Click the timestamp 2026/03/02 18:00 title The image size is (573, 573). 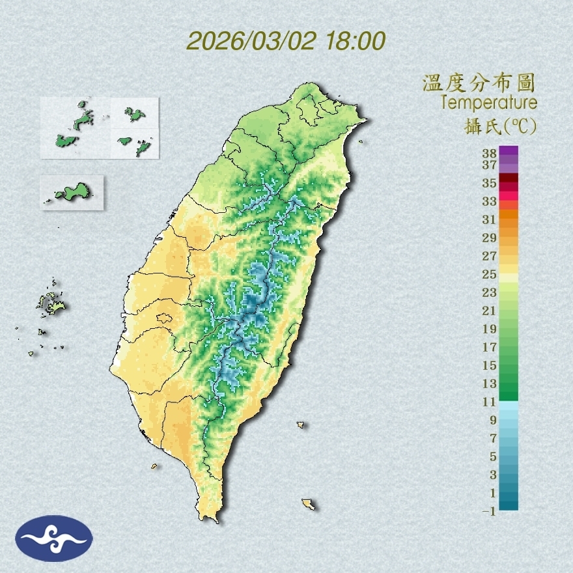click(x=286, y=41)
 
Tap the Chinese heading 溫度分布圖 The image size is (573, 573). click(x=479, y=83)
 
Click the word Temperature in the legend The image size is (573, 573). click(x=488, y=102)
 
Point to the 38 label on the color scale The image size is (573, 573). click(x=490, y=154)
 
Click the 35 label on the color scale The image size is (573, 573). click(x=490, y=183)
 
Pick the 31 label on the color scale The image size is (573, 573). click(x=490, y=219)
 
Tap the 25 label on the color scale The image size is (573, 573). click(x=490, y=274)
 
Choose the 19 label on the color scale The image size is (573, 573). click(x=490, y=329)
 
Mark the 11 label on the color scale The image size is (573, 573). click(x=490, y=402)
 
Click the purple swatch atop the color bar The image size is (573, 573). click(x=509, y=150)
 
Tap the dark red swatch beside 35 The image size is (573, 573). click(x=509, y=178)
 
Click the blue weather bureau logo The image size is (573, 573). click(x=54, y=538)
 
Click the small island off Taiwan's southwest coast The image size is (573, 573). click(x=155, y=466)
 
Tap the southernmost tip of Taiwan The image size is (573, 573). click(x=210, y=519)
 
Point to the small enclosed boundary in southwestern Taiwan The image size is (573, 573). click(x=163, y=319)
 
